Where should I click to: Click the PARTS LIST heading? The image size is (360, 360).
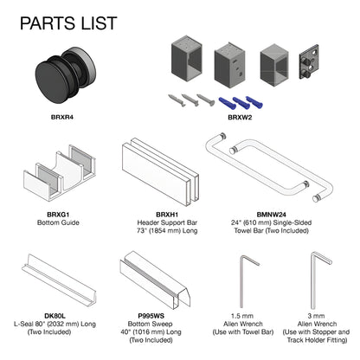tap(68, 23)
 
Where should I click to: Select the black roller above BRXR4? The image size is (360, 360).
tap(66, 75)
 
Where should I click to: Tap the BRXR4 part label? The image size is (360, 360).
tap(62, 118)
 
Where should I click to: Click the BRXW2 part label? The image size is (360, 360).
tap(240, 118)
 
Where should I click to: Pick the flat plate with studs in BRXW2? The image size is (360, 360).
tap(309, 62)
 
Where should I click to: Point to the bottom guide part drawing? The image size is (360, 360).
tap(60, 172)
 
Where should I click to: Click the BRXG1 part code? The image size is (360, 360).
tap(58, 215)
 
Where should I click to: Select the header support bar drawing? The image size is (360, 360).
tap(160, 172)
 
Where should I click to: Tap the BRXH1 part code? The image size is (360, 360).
tap(167, 215)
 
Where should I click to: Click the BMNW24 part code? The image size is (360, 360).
tap(271, 215)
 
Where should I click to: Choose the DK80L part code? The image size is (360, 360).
tap(55, 316)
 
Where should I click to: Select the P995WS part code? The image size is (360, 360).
tap(151, 316)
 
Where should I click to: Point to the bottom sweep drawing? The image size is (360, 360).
tap(155, 280)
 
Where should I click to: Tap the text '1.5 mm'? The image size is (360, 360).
tap(242, 316)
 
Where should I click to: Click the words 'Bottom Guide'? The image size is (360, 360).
tap(58, 222)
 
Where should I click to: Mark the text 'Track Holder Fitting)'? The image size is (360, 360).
tap(317, 340)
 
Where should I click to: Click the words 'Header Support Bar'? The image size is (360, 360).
tap(167, 222)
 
